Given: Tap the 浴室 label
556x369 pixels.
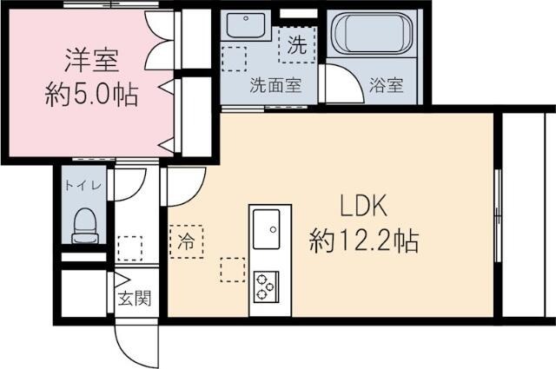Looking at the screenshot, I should [x=386, y=85].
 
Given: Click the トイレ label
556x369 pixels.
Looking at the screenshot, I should [x=83, y=184].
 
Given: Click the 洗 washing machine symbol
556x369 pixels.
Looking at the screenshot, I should [x=296, y=47].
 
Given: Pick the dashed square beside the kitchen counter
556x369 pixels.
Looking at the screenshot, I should [x=232, y=269].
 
